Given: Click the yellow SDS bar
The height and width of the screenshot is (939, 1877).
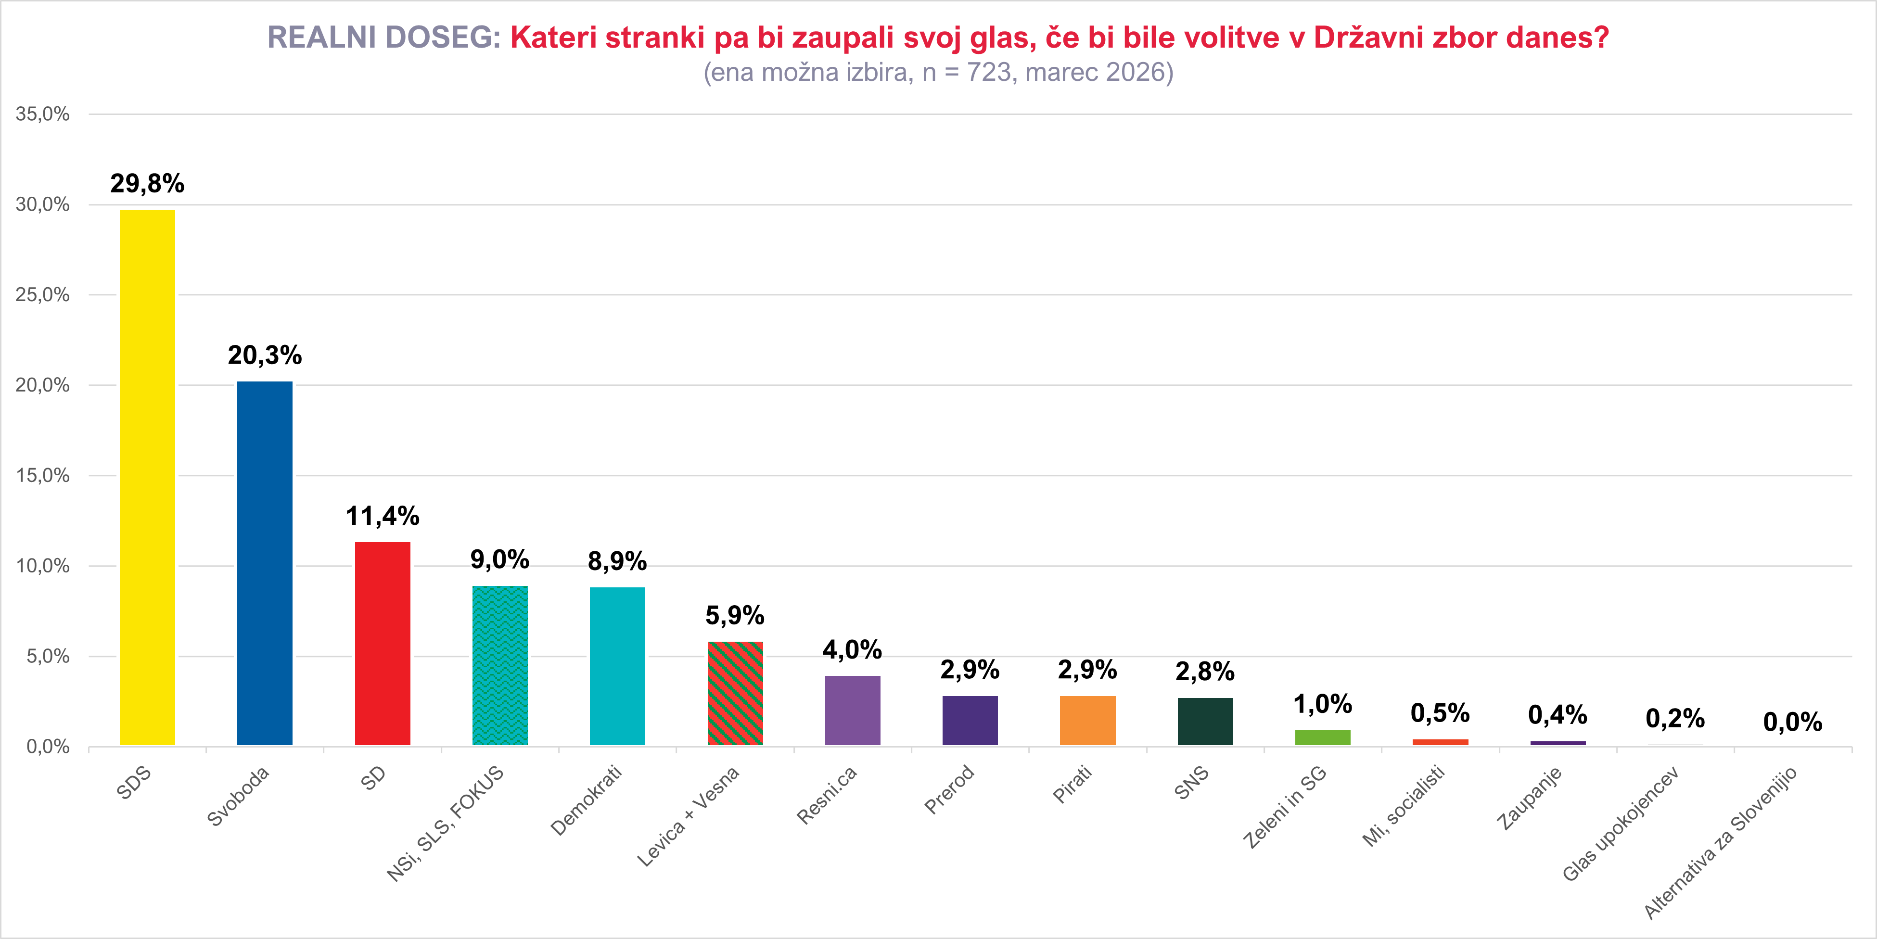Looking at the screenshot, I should pyautogui.click(x=147, y=477).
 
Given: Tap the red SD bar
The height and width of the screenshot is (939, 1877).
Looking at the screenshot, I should pyautogui.click(x=383, y=643).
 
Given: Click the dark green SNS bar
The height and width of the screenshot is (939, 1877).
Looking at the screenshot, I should pyautogui.click(x=1205, y=721).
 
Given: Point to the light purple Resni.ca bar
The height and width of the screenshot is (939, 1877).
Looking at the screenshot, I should pyautogui.click(x=853, y=710).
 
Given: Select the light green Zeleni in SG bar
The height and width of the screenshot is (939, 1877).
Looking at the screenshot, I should pyautogui.click(x=1323, y=737).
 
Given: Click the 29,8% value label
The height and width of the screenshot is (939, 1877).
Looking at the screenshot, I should pyautogui.click(x=147, y=184).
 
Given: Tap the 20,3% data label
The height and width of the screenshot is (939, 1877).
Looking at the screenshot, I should pyautogui.click(x=265, y=355).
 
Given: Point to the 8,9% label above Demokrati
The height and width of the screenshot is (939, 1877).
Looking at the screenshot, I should pyautogui.click(x=617, y=561).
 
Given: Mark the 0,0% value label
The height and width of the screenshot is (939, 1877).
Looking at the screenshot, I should pyautogui.click(x=1792, y=722).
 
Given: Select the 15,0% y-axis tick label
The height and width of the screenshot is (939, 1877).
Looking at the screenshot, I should pyautogui.click(x=42, y=476).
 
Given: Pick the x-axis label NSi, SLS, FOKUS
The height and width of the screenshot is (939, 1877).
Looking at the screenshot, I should pyautogui.click(x=445, y=823).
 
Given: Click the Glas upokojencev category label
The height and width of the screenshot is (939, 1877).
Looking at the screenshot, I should pyautogui.click(x=1621, y=823).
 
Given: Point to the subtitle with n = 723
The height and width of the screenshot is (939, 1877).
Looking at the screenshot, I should pyautogui.click(x=938, y=72).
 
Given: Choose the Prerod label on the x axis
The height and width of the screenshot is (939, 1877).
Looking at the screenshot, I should pyautogui.click(x=949, y=789).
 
